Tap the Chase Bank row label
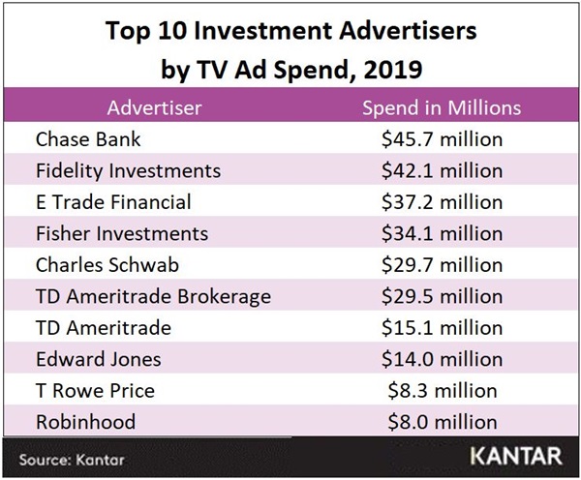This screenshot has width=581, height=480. point(88,139)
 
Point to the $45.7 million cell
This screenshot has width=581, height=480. point(442,139)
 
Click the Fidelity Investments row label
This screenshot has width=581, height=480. point(128,171)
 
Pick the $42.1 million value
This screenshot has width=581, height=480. point(442,171)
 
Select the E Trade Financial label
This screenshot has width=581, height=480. point(113,202)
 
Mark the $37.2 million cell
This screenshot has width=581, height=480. point(442,202)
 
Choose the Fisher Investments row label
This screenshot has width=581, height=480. point(121,233)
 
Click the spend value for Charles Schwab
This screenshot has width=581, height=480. point(442,265)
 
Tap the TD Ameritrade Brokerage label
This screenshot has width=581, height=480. point(153,296)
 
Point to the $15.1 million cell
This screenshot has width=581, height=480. point(442,328)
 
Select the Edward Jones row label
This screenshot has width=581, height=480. point(98,359)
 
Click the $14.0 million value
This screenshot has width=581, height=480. point(442,359)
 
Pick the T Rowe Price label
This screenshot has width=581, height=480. point(95,391)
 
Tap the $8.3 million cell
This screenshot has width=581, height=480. point(442,391)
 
